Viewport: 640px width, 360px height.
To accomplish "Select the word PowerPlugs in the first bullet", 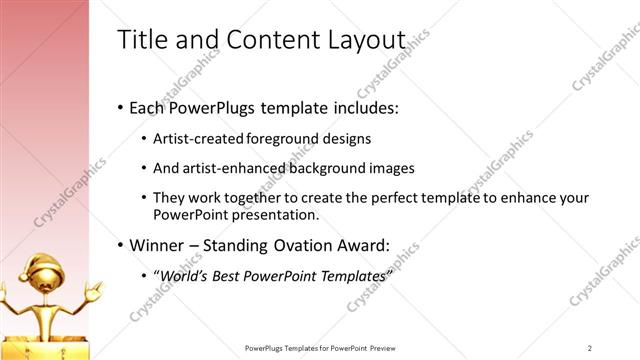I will pyautogui.click(x=211, y=106).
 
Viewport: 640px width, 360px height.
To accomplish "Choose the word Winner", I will pyautogui.click(x=155, y=244).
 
